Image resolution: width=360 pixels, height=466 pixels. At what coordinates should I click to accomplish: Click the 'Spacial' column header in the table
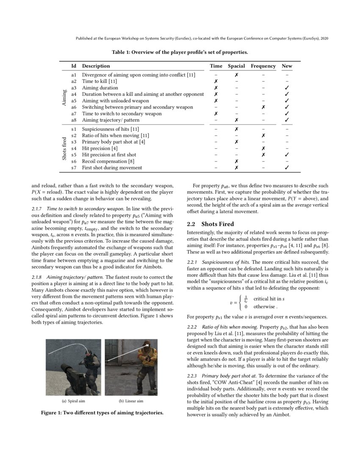click(236, 66)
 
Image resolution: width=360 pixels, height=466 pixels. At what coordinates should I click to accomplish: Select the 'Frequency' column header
click(263, 66)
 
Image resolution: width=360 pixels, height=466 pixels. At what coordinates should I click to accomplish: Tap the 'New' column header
click(287, 66)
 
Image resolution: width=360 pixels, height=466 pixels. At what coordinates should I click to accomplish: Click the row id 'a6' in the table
click(74, 107)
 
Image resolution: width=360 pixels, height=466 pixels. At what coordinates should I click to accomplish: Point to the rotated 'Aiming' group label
click(64, 97)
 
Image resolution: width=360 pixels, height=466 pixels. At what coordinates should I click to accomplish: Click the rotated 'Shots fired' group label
click(64, 148)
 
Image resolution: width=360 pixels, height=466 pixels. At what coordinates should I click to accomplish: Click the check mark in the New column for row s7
click(287, 167)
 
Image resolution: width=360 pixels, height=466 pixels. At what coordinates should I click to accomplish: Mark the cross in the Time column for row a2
click(216, 81)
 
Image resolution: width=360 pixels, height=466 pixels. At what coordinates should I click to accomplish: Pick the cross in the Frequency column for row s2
click(263, 135)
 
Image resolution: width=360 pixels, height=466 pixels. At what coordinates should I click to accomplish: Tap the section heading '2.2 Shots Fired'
click(210, 224)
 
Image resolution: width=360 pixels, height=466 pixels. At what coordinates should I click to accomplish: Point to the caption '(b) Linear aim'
click(131, 401)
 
